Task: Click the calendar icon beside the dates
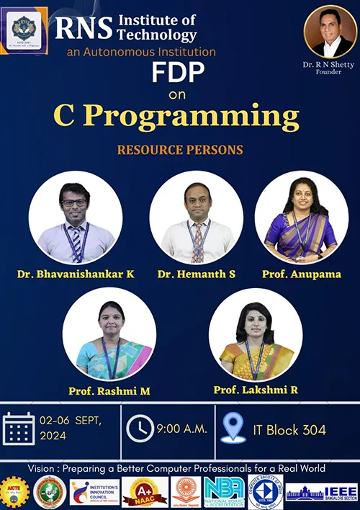click(x=19, y=429)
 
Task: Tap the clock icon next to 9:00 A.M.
click(x=140, y=429)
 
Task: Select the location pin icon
click(x=233, y=428)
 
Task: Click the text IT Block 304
click(x=289, y=430)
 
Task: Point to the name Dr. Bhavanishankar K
click(x=76, y=274)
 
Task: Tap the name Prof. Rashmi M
click(x=109, y=390)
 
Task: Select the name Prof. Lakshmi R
click(x=256, y=390)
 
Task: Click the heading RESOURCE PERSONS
click(x=179, y=151)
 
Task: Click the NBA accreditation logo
click(x=223, y=492)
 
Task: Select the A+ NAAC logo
click(x=145, y=492)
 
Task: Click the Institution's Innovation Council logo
click(x=94, y=492)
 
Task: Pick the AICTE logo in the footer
click(x=14, y=492)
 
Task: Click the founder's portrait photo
click(x=330, y=32)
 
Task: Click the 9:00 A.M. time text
click(x=181, y=429)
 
